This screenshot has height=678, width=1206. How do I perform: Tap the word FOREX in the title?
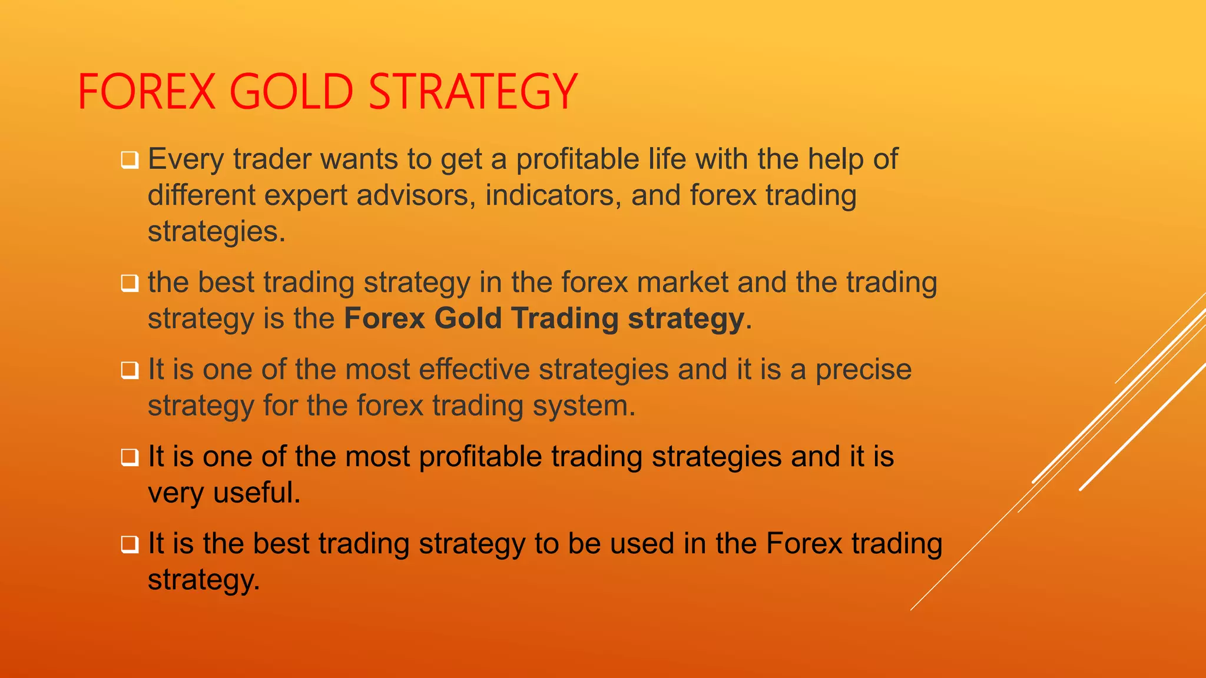[147, 92]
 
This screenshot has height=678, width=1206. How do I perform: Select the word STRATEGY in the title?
[472, 92]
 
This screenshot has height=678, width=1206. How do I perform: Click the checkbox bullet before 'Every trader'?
[130, 160]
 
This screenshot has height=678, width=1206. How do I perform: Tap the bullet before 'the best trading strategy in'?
[130, 283]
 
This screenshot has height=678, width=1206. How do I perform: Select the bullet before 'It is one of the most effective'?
[130, 370]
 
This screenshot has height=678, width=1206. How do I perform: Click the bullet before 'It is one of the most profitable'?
[130, 457]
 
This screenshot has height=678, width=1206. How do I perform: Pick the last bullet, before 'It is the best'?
[130, 544]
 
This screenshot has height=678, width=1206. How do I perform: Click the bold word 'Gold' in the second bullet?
[468, 318]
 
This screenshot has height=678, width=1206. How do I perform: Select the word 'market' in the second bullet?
[682, 282]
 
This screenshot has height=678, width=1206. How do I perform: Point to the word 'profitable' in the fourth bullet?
[480, 457]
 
